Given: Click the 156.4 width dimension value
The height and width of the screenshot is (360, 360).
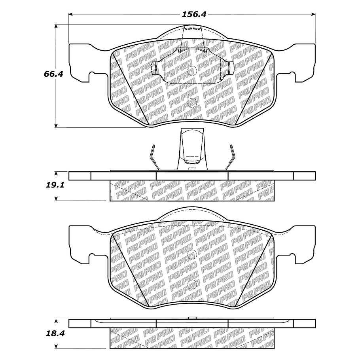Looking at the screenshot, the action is [194, 14].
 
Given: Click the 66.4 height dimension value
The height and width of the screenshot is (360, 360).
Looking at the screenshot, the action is [53, 74].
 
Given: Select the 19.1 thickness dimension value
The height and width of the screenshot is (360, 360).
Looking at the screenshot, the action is [55, 185].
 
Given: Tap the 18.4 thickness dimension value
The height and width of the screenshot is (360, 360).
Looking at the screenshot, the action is [55, 333].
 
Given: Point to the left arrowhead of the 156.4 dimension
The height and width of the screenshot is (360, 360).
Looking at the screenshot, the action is [71, 15].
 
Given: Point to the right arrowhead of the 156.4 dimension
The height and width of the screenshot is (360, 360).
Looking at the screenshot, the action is [313, 15].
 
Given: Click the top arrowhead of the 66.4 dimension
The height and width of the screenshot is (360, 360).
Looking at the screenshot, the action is [55, 26].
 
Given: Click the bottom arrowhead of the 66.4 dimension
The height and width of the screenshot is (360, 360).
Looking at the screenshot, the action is [55, 125].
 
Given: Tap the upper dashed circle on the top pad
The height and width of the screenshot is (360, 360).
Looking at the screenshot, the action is [192, 71].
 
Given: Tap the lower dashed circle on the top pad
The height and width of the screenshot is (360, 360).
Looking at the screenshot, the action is [192, 103].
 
